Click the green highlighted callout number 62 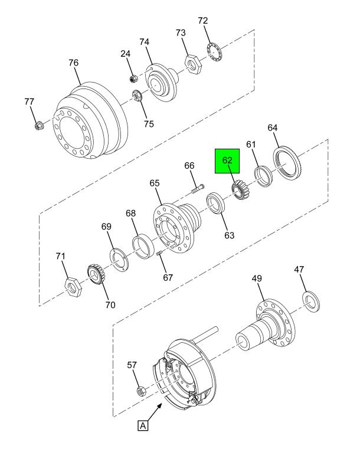click(227, 160)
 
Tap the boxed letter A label click(143, 425)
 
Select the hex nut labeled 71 click(73, 287)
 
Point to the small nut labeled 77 click(39, 126)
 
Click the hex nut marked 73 click(193, 64)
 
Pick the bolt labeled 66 click(197, 189)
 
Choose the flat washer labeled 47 click(311, 301)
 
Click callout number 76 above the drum click(73, 63)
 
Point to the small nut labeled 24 click(133, 78)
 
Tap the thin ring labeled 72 click(215, 51)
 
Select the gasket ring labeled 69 click(119, 261)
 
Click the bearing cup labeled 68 click(143, 246)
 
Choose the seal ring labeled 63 click(216, 204)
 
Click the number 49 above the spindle click(257, 278)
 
